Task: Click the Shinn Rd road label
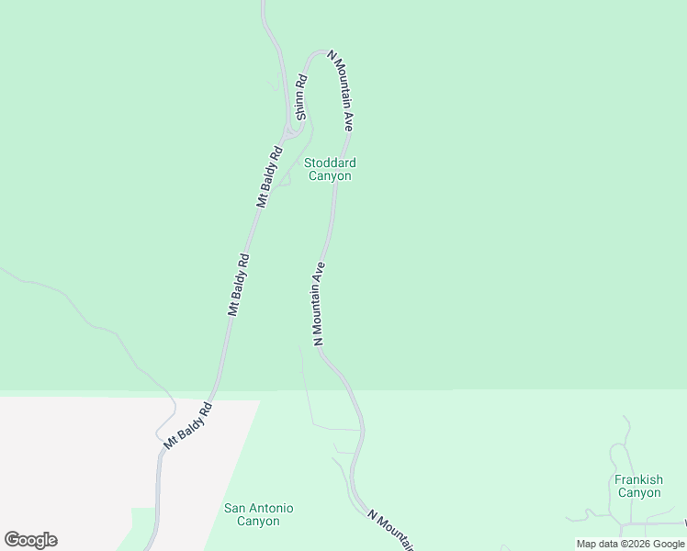pos(299,96)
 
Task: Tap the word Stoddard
pos(330,163)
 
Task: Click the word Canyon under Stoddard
pos(330,175)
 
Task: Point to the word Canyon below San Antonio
pos(258,521)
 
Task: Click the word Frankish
pos(638,479)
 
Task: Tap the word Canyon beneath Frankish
pos(638,492)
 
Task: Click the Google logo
pos(30,540)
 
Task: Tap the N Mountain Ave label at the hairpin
pos(341,95)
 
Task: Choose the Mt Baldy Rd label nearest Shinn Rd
pos(269,175)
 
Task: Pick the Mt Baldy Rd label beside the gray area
pos(188,425)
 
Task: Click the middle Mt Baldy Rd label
pos(239,285)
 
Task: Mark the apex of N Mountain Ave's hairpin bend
pos(319,51)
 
